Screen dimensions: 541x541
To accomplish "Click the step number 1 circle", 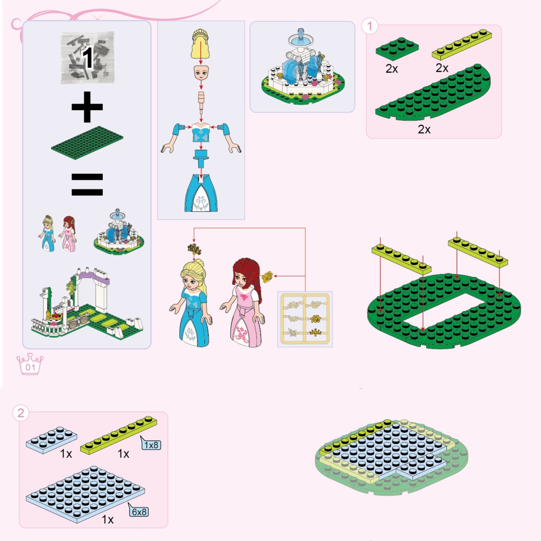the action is (x=370, y=26).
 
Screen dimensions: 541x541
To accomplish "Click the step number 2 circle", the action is (x=21, y=413).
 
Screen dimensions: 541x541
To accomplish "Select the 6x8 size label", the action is (x=139, y=511).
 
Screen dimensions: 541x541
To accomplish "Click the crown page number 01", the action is (x=30, y=364).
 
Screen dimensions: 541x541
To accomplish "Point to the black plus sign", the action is (x=87, y=107).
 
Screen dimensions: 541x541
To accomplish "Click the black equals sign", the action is (x=87, y=184).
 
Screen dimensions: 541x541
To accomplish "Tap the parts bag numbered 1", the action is (x=88, y=57).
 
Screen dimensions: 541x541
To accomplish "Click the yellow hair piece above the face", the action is (x=201, y=44).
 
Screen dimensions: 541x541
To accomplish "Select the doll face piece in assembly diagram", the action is (x=201, y=73).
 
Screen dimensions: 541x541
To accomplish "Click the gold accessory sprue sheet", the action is (x=305, y=319).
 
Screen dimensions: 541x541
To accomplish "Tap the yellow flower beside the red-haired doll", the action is (x=267, y=277).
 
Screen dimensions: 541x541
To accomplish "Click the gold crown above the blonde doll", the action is (x=194, y=249).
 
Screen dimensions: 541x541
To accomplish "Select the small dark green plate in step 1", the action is (x=397, y=49).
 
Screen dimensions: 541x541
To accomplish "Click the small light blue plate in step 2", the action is (x=52, y=440).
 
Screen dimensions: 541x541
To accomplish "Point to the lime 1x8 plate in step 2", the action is (x=119, y=435).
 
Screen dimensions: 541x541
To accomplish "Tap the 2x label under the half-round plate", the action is (x=424, y=129).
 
